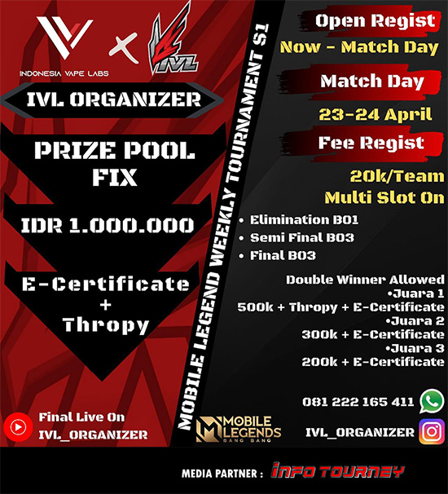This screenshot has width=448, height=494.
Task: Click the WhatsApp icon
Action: (x=432, y=401)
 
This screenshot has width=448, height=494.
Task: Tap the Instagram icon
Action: (x=432, y=431)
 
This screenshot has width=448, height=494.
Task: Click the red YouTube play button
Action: (x=18, y=427)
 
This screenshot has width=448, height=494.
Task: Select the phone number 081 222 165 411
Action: (x=358, y=402)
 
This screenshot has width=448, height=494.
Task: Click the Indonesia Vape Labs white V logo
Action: (x=64, y=37)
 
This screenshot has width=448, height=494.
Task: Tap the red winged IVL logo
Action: (x=173, y=39)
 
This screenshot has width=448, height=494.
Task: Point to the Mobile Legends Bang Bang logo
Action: (x=239, y=429)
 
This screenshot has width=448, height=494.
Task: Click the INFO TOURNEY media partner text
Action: (x=337, y=471)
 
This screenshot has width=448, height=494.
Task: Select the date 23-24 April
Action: (x=375, y=114)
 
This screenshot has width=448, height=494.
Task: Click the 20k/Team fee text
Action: (x=397, y=176)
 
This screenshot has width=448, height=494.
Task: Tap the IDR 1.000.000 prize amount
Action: (x=108, y=225)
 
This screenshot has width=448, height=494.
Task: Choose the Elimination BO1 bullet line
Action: (x=299, y=219)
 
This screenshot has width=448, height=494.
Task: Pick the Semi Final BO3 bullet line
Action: (x=296, y=237)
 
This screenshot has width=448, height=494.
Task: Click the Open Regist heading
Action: (x=376, y=21)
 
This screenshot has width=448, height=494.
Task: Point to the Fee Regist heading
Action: (x=371, y=143)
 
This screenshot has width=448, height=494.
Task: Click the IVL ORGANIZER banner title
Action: (x=114, y=99)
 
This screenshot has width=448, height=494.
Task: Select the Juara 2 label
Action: (x=415, y=320)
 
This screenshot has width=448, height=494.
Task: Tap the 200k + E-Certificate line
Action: (x=373, y=362)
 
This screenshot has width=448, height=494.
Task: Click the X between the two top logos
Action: (x=124, y=48)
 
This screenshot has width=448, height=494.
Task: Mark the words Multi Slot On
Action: (x=384, y=197)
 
